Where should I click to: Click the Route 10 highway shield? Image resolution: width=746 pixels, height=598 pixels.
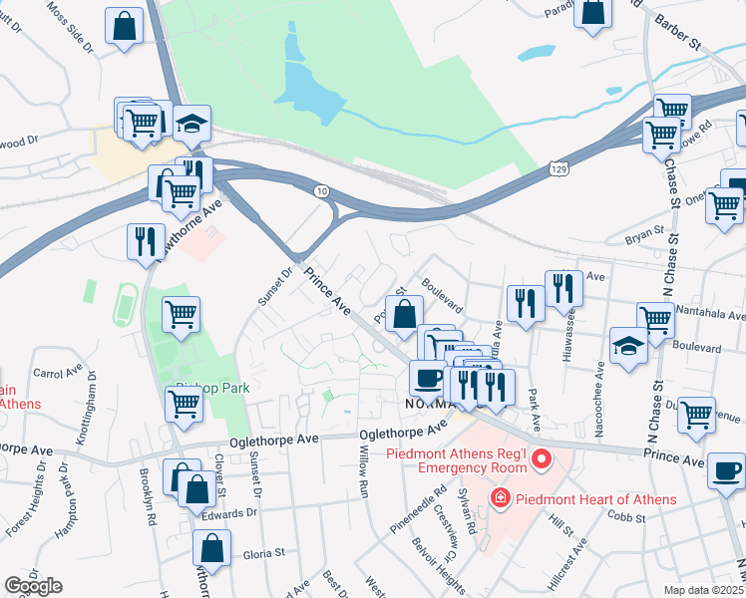(320, 190)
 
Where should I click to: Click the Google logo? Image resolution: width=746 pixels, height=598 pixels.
(33, 586)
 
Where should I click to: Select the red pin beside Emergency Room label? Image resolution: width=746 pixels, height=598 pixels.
(542, 459)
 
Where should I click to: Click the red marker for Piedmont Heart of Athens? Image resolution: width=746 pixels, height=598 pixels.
(498, 496)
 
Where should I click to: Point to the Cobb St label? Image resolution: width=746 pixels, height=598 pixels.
(628, 515)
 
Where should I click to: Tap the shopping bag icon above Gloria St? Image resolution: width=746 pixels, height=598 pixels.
(212, 547)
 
